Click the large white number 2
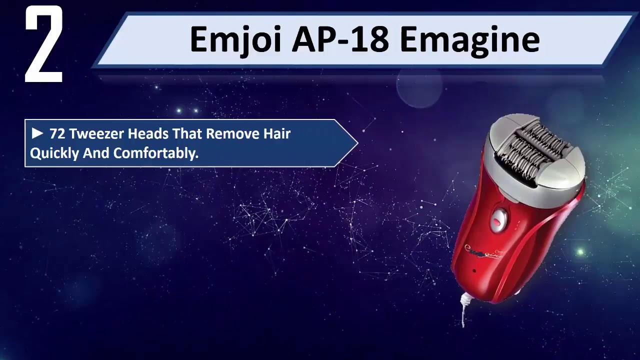pyautogui.click(x=44, y=45)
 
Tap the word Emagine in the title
pyautogui.click(x=469, y=39)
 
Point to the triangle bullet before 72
pyautogui.click(x=37, y=133)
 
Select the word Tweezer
pyautogui.click(x=97, y=134)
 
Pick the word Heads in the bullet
pyautogui.click(x=148, y=134)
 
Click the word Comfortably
pyautogui.click(x=156, y=153)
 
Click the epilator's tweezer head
pyautogui.click(x=535, y=145)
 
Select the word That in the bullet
pyautogui.click(x=187, y=134)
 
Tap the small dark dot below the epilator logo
pyautogui.click(x=474, y=271)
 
